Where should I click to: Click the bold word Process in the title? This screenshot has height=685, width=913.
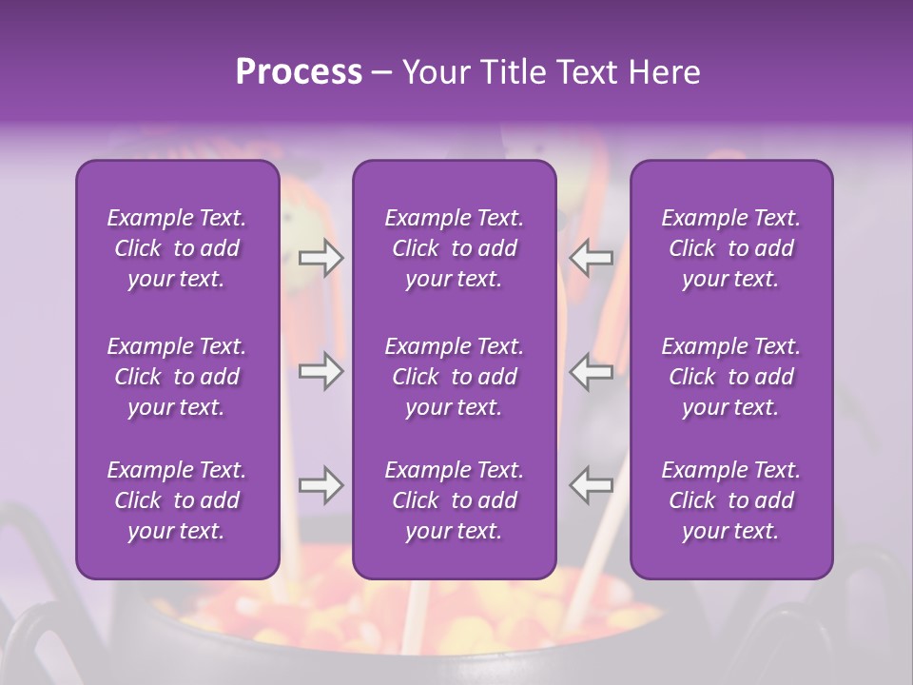pos(299,72)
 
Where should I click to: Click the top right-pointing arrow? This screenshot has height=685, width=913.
pos(321,258)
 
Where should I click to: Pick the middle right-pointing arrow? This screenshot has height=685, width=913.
pos(321,371)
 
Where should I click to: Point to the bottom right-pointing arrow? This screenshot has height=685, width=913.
pos(321,485)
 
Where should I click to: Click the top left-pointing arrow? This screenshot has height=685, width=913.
pos(592,258)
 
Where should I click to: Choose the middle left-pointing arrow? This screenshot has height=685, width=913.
pos(592,371)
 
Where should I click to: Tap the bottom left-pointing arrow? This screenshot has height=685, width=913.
pos(592,485)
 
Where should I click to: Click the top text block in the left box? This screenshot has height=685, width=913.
pos(177,248)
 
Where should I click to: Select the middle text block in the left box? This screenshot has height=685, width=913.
pos(177,377)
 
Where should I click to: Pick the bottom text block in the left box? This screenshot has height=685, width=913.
pos(177,500)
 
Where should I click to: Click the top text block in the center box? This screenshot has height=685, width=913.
pos(455,248)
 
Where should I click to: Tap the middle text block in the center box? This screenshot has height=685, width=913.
pos(455,377)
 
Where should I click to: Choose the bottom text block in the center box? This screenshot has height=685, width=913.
pos(455,500)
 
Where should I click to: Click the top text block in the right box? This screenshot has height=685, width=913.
pos(731,248)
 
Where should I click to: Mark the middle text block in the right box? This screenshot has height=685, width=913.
pos(731,377)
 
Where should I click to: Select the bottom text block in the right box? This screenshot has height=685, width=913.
pos(731,500)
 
